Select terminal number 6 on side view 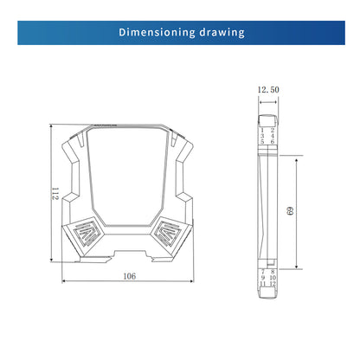coord(273,141)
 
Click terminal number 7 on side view coord(261,271)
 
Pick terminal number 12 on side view coord(273,284)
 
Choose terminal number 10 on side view coord(273,278)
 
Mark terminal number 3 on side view coord(261,135)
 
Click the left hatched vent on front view coord(87,235)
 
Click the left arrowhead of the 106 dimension coord(64,283)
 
